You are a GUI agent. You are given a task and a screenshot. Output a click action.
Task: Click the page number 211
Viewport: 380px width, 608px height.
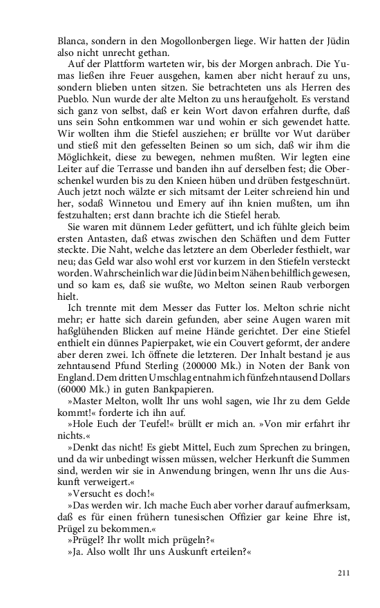tap(343, 572)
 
